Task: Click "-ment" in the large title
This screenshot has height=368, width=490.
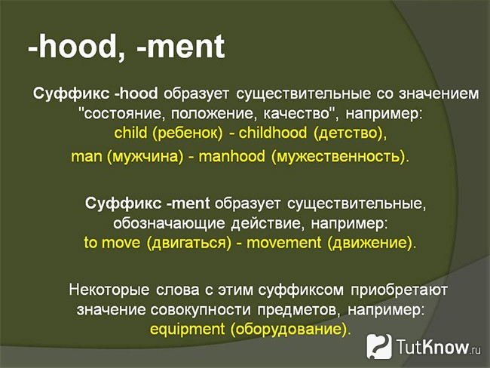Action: [181, 47]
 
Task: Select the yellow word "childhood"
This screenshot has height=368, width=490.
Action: [272, 133]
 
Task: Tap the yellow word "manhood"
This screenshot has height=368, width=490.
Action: [232, 156]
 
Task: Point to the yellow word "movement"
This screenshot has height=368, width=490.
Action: [283, 243]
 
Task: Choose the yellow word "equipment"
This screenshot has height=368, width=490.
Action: [187, 330]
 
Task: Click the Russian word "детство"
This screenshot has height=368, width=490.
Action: [348, 133]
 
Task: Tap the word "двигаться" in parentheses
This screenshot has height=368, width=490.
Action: [188, 244]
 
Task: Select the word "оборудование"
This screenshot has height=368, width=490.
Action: [288, 330]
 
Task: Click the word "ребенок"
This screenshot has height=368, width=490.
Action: [187, 133]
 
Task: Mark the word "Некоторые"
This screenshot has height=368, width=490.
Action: [109, 290]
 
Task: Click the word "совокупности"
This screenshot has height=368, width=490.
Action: [201, 310]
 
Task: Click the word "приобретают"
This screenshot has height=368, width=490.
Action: [399, 290]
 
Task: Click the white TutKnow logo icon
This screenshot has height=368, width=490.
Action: [379, 346]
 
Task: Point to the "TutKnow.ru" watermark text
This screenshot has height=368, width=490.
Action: [439, 347]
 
